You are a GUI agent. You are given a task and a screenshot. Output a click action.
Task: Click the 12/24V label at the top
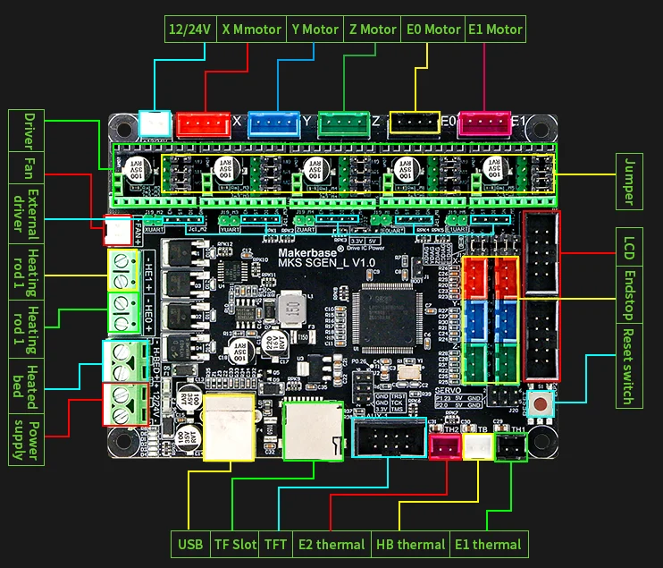(189, 29)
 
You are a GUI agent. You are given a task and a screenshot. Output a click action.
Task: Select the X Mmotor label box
(250, 29)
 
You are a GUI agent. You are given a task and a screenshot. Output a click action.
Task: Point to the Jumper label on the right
(630, 182)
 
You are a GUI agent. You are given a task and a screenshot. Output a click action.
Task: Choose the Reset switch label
(630, 367)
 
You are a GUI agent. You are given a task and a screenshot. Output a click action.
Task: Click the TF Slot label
(235, 544)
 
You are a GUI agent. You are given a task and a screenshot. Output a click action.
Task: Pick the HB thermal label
(410, 544)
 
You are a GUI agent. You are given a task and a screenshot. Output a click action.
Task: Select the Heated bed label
(24, 386)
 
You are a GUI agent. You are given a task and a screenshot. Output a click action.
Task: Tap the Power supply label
(24, 439)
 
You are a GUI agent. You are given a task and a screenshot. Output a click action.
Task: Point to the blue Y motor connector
(273, 123)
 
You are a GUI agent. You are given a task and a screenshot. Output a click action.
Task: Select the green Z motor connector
(343, 123)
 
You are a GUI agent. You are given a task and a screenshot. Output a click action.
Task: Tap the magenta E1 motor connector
(483, 123)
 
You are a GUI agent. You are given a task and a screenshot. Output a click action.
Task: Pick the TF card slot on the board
(313, 430)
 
